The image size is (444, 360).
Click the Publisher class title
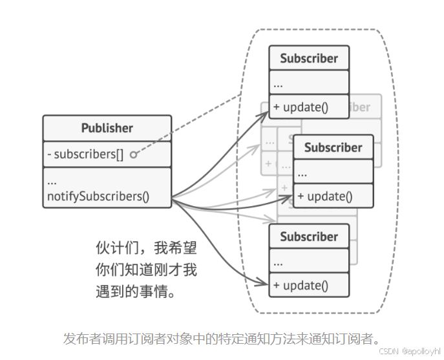click(107, 128)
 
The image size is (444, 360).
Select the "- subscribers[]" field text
click(85, 154)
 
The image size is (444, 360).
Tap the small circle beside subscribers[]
click(133, 155)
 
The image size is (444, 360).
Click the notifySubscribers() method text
click(98, 196)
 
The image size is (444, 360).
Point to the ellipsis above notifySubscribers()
click(52, 181)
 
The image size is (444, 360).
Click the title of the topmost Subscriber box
click(309, 58)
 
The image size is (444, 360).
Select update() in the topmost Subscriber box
click(301, 107)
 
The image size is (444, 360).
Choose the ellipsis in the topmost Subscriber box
click(279, 84)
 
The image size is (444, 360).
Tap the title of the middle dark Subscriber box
click(333, 147)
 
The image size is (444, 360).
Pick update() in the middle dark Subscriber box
click(325, 196)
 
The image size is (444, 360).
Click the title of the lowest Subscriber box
click(309, 237)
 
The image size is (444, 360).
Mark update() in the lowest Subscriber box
click(301, 286)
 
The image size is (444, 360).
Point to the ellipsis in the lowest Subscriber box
click(279, 262)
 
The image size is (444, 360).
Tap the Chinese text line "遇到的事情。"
click(136, 292)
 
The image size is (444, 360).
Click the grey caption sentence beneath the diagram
click(221, 338)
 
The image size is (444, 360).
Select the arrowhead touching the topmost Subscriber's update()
click(266, 112)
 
